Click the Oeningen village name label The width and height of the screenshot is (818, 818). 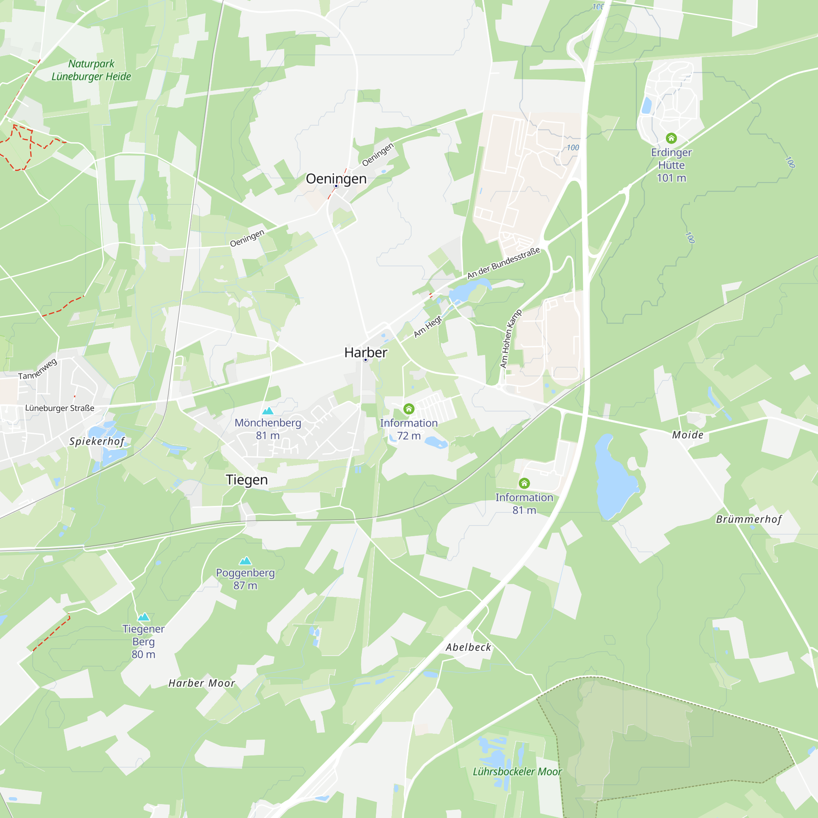(336, 179)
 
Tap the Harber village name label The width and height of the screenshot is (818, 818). (365, 352)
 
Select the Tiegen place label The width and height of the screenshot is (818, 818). (247, 480)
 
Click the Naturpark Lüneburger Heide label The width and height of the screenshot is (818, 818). (91, 70)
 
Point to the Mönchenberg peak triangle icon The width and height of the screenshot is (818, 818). (268, 411)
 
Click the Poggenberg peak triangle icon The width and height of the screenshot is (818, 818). (245, 561)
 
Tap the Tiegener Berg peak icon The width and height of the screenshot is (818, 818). (144, 617)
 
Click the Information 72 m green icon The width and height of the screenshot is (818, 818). (409, 409)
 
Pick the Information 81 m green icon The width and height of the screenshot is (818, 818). (524, 483)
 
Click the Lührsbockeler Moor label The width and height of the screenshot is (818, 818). (517, 772)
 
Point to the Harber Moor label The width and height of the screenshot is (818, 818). (202, 683)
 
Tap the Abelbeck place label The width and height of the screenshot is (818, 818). (468, 647)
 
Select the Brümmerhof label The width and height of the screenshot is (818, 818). (748, 519)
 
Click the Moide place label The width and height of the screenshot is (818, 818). (688, 435)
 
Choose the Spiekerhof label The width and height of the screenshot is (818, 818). (97, 441)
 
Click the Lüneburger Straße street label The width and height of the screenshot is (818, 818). (60, 408)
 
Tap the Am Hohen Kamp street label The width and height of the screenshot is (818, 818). (510, 338)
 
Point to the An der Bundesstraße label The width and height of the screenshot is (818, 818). (503, 263)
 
